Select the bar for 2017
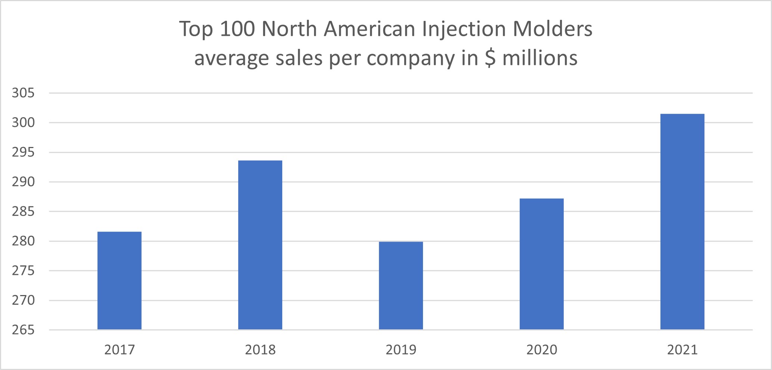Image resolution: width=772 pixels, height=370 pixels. (x=119, y=280)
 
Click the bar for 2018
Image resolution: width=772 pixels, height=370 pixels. (x=260, y=245)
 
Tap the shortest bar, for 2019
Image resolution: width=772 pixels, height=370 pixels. (x=401, y=286)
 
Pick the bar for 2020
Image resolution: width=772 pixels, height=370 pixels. (x=542, y=264)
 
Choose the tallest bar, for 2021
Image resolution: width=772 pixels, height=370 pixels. (x=682, y=222)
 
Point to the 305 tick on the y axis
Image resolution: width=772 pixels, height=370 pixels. (x=23, y=93)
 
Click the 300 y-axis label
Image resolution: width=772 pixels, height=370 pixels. (x=23, y=122)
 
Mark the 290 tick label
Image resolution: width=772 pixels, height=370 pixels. (x=23, y=182)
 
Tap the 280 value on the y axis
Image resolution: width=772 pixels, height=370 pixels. (x=23, y=241)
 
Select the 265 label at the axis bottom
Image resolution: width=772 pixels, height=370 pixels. (x=23, y=330)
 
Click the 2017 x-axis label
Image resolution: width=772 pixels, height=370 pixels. (x=119, y=350)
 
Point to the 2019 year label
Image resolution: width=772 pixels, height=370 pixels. (x=401, y=350)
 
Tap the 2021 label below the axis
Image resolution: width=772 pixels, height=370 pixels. (x=682, y=350)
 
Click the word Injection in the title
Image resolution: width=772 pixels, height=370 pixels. (x=464, y=29)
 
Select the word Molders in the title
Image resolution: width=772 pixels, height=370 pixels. (x=552, y=29)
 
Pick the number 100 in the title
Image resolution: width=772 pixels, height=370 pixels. (x=237, y=29)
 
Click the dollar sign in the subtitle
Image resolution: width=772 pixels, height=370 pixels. (x=490, y=58)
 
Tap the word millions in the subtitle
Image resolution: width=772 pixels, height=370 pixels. (x=540, y=58)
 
